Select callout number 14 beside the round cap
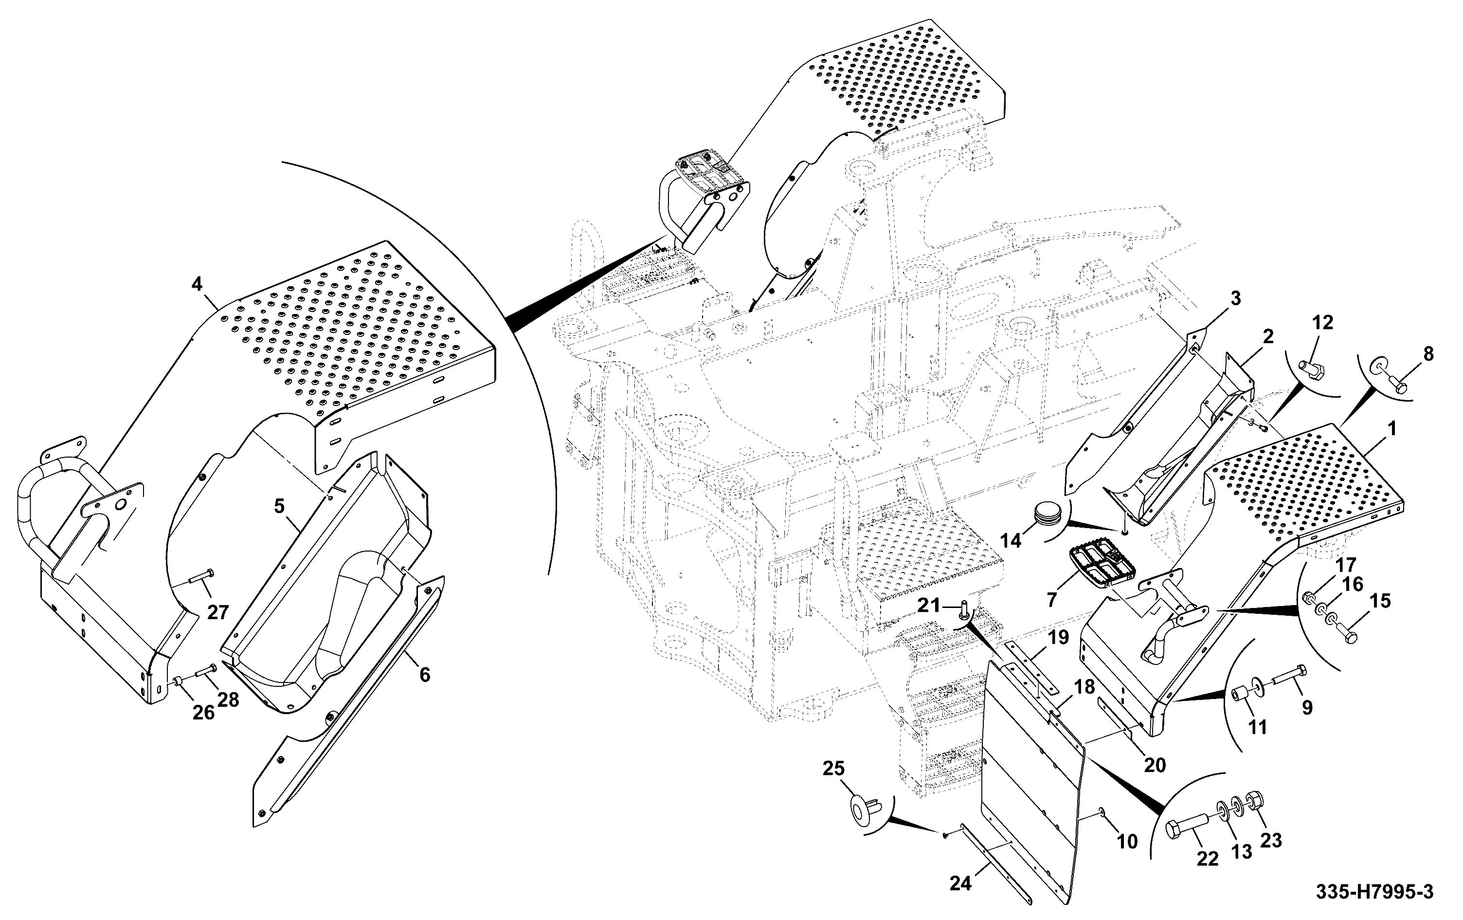1011,540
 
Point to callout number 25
833,769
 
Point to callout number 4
197,284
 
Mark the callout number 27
217,612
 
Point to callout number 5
279,506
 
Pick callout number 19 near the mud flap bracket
1058,638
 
